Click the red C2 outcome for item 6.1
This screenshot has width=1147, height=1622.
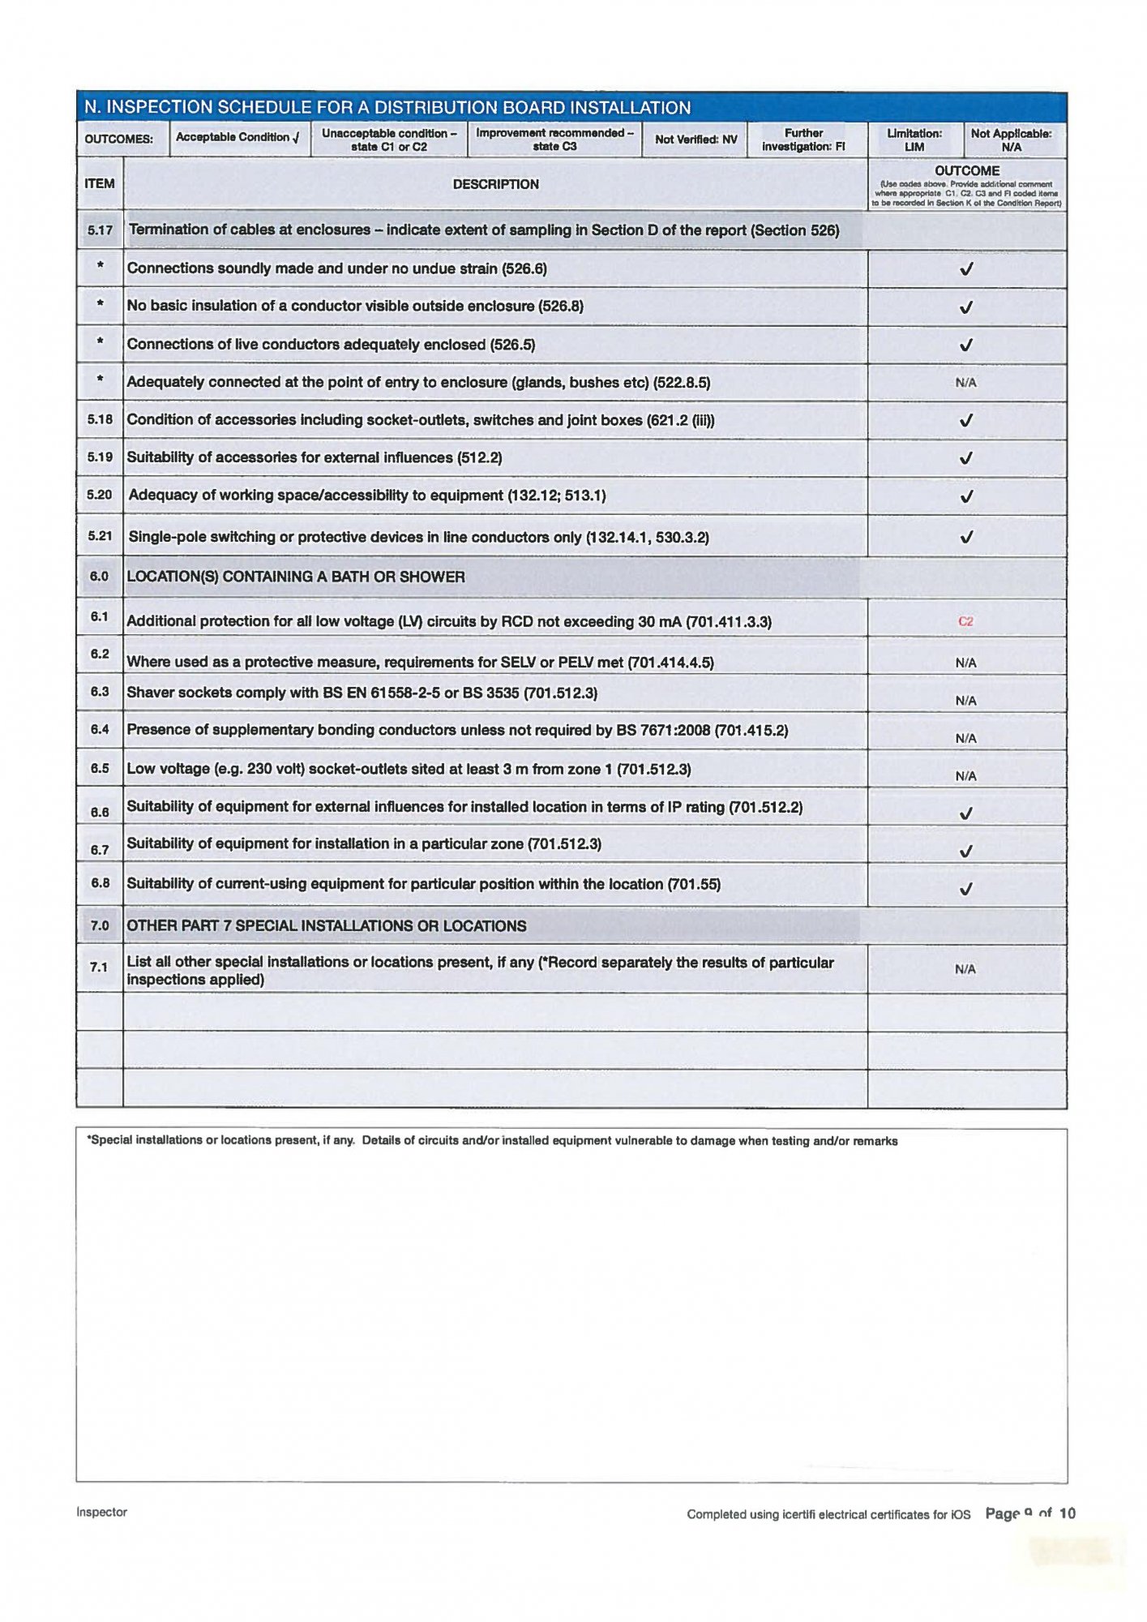pos(965,621)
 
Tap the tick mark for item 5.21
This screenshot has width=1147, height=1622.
pos(965,537)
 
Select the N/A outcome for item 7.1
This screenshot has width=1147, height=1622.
pos(965,969)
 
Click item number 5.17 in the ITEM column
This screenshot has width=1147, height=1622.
pos(100,230)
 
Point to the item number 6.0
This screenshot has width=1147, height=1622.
pos(99,577)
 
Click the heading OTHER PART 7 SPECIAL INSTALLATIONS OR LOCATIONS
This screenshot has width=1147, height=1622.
pos(326,926)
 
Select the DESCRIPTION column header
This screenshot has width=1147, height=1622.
pos(495,184)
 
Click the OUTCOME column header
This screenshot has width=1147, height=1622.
pos(966,171)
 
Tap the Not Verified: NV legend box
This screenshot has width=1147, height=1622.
pos(695,139)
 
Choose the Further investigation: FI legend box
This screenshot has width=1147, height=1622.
pos(802,139)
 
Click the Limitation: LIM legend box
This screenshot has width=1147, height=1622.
pos(914,139)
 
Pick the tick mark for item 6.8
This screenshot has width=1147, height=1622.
pos(965,889)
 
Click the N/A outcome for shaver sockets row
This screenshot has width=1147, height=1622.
pos(965,701)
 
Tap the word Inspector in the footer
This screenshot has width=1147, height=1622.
pos(101,1512)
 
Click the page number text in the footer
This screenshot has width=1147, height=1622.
pos(1029,1513)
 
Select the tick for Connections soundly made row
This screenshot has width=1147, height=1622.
pos(965,269)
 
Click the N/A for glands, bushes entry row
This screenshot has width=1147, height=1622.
pos(965,383)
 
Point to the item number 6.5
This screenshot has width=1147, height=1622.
pos(99,768)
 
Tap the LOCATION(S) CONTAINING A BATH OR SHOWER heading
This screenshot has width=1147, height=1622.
pos(296,577)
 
